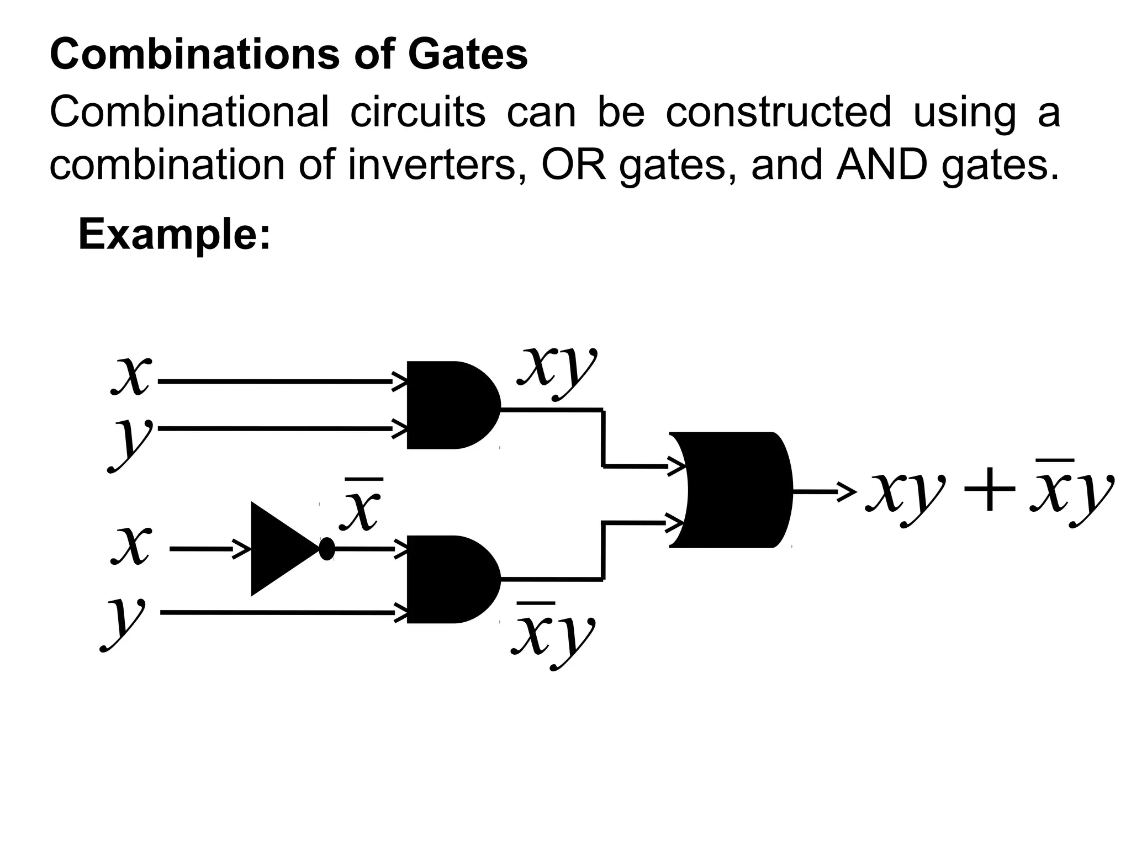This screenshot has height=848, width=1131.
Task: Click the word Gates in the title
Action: [x=468, y=55]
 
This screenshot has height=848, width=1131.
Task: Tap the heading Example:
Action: [x=175, y=234]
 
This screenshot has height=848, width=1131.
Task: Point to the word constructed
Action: [x=778, y=112]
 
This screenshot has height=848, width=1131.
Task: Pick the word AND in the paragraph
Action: [x=881, y=165]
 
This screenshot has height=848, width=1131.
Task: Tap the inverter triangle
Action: [x=279, y=549]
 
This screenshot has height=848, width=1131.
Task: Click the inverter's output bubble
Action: [x=327, y=549]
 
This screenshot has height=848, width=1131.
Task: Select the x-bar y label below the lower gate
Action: [x=552, y=635]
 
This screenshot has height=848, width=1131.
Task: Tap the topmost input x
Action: [x=131, y=375]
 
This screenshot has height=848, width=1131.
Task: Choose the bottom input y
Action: [x=124, y=621]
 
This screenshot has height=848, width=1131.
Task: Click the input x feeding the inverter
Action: [x=131, y=545]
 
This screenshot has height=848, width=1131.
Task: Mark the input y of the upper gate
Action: [x=130, y=442]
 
